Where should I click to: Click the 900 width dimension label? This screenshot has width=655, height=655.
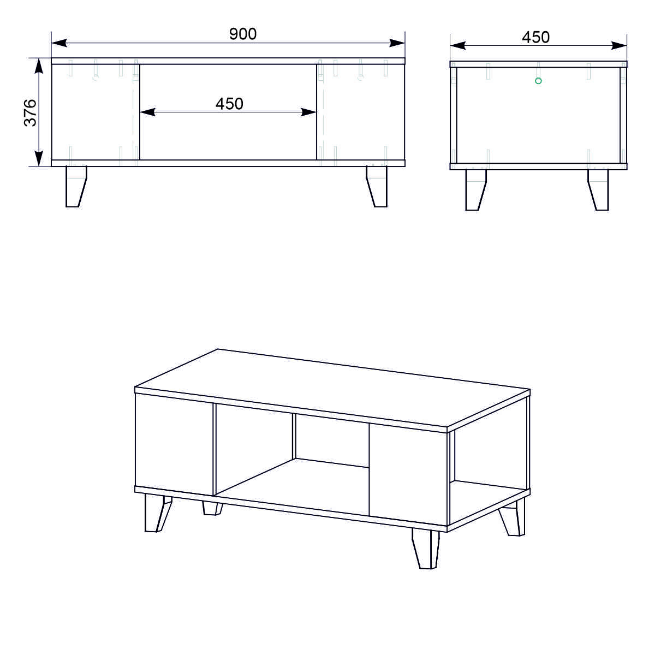point(243,34)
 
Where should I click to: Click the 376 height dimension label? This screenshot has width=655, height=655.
point(30,113)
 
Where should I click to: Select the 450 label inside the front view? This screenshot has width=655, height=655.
point(229,104)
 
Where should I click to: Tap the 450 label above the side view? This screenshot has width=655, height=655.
point(535,38)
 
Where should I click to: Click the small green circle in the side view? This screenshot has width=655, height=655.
point(538,81)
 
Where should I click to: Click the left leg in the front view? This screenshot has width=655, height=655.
point(76,186)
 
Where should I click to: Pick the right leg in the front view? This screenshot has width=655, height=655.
point(377,186)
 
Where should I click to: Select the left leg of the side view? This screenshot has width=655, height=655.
point(476,189)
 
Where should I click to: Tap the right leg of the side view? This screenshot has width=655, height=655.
point(598,189)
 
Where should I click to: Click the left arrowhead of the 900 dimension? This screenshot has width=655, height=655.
point(59,43)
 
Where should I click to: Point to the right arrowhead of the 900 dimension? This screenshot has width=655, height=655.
point(397,43)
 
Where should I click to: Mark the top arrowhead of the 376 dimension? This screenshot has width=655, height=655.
point(39,66)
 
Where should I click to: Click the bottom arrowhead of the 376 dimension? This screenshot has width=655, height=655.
point(39,158)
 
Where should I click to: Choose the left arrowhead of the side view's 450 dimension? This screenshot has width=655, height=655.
point(458,45)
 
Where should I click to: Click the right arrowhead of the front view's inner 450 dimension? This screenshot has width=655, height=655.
point(308,112)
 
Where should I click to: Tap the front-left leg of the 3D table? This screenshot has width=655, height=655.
point(157,513)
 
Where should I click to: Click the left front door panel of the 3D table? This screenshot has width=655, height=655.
point(174,445)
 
